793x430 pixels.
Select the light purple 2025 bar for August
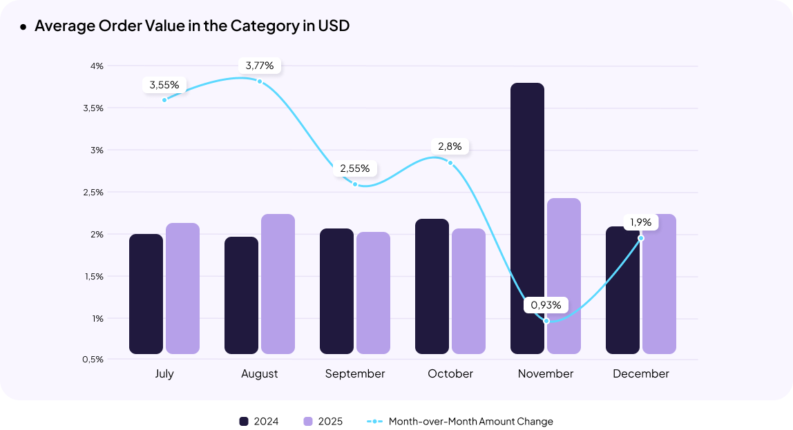tap(278, 284)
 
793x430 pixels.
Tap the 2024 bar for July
tap(146, 294)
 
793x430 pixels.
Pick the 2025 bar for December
tap(659, 284)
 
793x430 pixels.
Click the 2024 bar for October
tap(432, 286)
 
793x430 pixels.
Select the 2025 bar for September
tap(373, 293)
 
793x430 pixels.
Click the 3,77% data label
tap(260, 66)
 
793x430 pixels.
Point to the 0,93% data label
tap(546, 304)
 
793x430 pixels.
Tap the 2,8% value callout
tap(450, 146)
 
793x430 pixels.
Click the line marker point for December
tap(641, 238)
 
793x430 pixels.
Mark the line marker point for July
tap(164, 100)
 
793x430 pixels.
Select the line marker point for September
tap(355, 184)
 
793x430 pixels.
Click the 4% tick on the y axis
tap(96, 66)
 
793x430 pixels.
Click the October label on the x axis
tap(450, 373)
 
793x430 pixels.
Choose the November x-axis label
tap(546, 373)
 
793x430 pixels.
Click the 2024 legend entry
tap(259, 421)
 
